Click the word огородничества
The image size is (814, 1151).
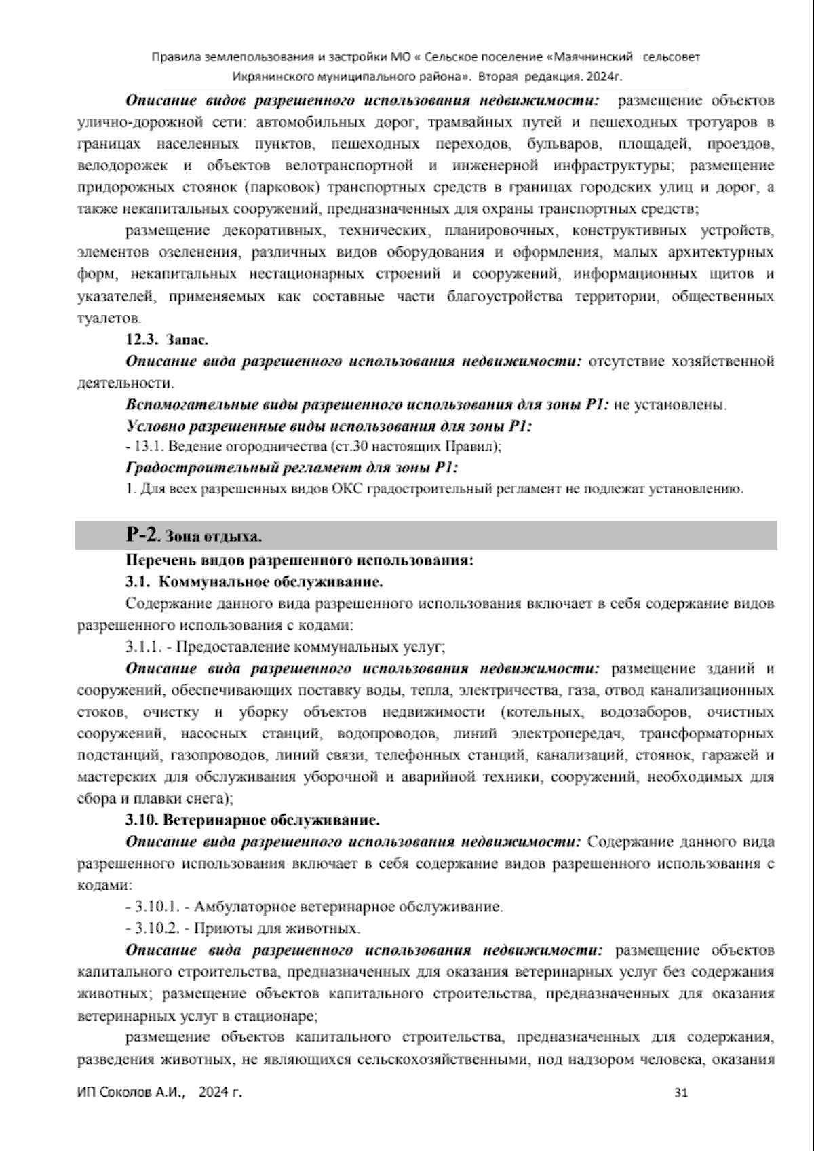265,447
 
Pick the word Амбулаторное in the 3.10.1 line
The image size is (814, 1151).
257,907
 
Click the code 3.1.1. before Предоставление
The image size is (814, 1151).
144,646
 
